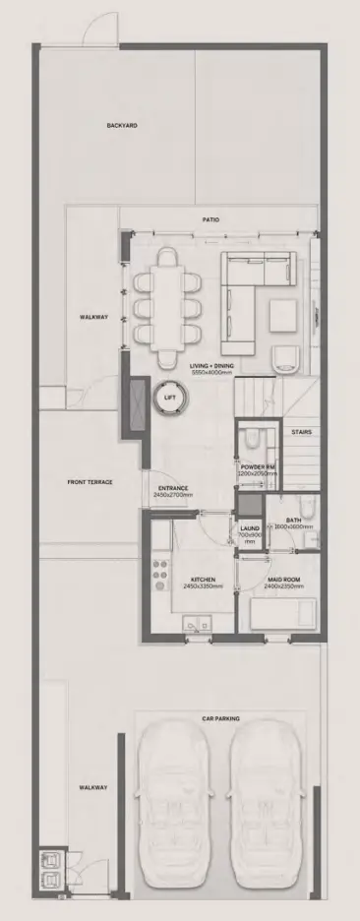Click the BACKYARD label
pos(122,126)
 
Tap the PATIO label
pos(210,220)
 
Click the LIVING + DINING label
pos(212,366)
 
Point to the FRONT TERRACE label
pos(90,482)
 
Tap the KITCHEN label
pos(203,581)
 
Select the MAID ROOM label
pos(283,581)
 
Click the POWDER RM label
pos(258,467)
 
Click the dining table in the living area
pos(169,307)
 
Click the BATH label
pos(293,520)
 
